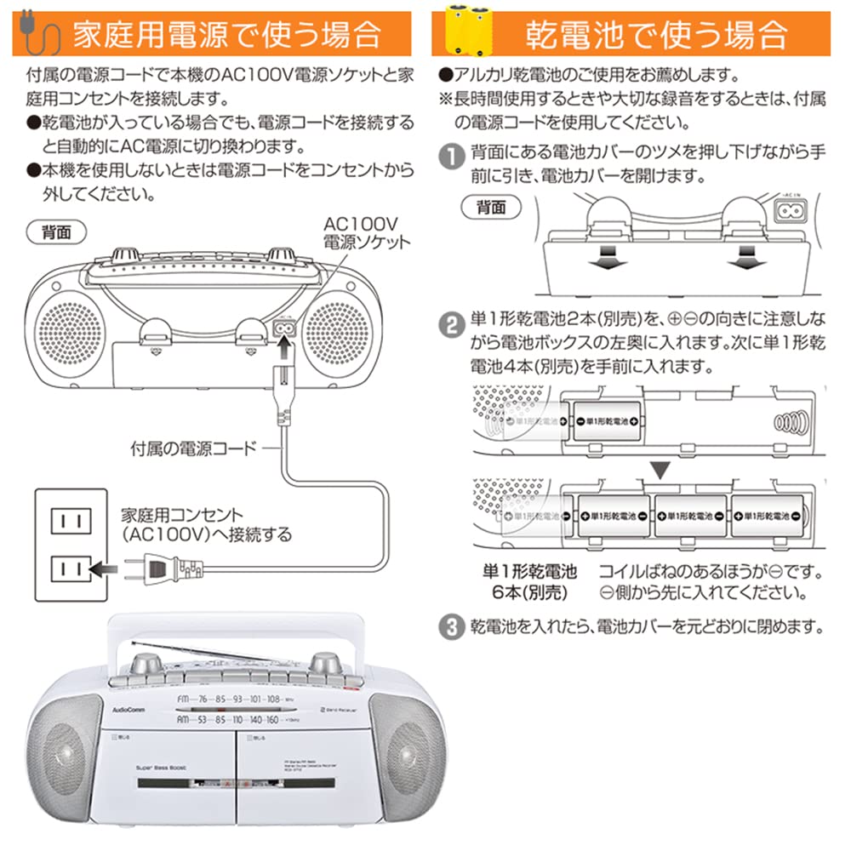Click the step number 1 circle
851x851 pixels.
(x=448, y=157)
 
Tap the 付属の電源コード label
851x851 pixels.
(x=193, y=447)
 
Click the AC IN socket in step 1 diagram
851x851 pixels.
(x=791, y=208)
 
